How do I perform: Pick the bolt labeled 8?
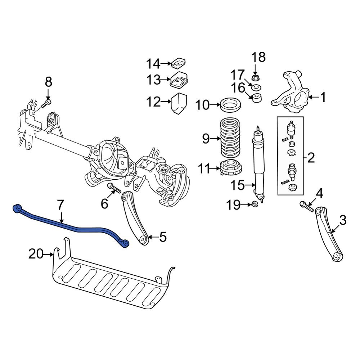46,103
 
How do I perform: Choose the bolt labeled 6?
114,188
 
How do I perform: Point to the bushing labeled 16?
257,98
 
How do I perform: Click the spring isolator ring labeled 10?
230,105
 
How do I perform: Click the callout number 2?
311,157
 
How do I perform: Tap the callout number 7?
60,206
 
